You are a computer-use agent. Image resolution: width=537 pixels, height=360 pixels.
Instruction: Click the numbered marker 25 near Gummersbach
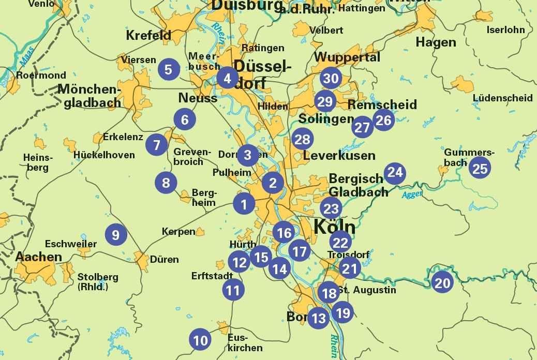tap(480, 168)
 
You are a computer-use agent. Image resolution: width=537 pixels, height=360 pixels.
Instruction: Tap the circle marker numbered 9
tap(115, 235)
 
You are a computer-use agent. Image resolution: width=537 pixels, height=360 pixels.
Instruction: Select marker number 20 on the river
tap(442, 282)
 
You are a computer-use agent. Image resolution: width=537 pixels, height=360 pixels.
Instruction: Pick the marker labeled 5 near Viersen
tap(169, 69)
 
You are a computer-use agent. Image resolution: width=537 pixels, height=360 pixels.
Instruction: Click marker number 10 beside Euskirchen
tap(200, 340)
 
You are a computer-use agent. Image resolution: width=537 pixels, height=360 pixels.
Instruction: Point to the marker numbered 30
tap(331, 79)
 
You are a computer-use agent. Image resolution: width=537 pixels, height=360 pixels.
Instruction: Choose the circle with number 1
tap(244, 204)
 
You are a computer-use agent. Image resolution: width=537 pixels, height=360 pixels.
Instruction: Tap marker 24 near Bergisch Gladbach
tap(395, 172)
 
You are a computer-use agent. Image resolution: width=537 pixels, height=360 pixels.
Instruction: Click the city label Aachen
tap(38, 257)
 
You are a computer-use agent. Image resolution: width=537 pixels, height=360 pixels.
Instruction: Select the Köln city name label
tap(335, 227)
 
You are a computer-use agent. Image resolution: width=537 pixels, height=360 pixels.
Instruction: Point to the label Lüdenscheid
tap(502, 98)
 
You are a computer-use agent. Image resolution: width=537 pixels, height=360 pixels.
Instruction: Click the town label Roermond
tap(41, 76)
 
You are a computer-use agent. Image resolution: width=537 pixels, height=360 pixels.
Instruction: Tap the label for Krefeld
tap(148, 35)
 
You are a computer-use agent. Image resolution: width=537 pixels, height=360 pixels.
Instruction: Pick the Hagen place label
tap(436, 42)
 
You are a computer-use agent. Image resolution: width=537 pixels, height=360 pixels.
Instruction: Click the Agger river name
tap(412, 194)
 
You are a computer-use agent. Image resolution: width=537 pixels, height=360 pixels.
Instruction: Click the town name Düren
tap(165, 259)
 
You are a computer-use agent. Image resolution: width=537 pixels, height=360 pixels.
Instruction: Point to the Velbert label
tap(326, 30)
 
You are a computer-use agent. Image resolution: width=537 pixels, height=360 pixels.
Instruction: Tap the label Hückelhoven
tap(104, 155)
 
